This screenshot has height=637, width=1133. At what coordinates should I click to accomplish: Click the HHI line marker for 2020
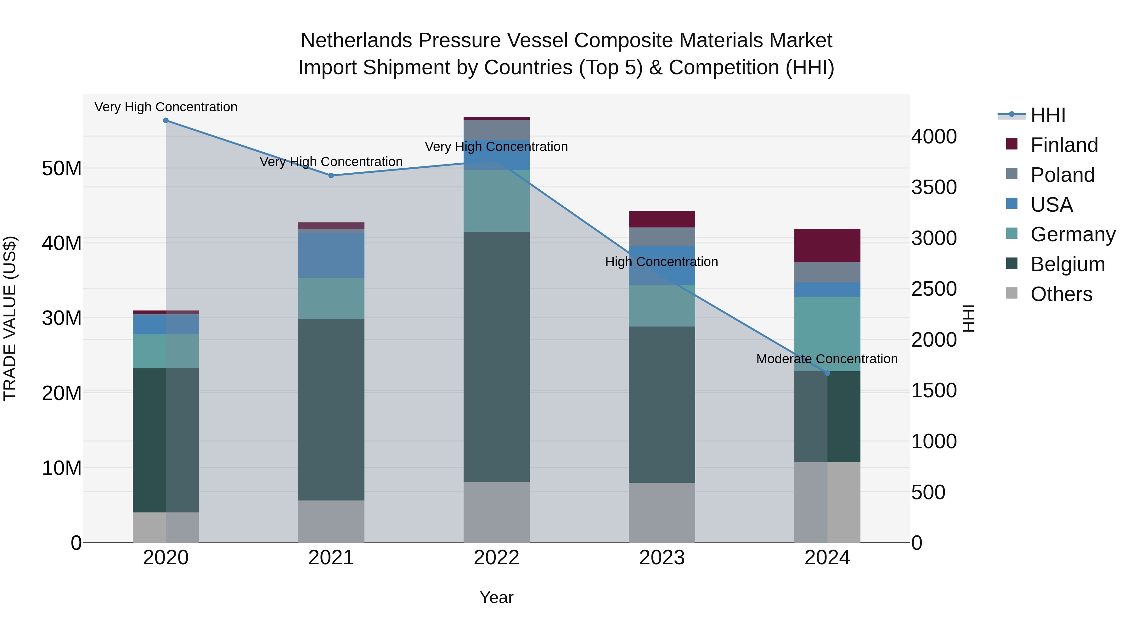pyautogui.click(x=166, y=120)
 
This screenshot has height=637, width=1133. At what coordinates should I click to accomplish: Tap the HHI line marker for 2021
pyautogui.click(x=331, y=176)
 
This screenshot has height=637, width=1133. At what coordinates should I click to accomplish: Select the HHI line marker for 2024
pyautogui.click(x=827, y=373)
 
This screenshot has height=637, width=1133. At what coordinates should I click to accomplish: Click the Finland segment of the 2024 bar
pyautogui.click(x=827, y=245)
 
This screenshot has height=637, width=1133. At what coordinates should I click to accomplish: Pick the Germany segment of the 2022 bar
pyautogui.click(x=497, y=201)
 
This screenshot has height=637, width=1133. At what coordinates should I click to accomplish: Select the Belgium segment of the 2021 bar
pyautogui.click(x=331, y=409)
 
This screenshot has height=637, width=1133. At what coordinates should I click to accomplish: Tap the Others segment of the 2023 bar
pyautogui.click(x=662, y=513)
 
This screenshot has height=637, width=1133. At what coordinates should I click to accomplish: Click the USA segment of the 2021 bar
pyautogui.click(x=331, y=255)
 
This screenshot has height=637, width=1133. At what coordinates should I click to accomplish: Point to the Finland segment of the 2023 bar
pyautogui.click(x=662, y=219)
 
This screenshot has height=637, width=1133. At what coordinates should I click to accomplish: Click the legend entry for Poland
pyautogui.click(x=1062, y=175)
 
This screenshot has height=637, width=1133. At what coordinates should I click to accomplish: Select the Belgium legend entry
pyautogui.click(x=1067, y=264)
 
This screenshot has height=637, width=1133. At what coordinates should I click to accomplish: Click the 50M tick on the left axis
pyautogui.click(x=62, y=168)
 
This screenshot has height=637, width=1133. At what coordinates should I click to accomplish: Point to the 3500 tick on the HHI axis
pyautogui.click(x=934, y=187)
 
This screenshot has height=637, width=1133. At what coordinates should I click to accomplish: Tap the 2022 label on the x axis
pyautogui.click(x=497, y=558)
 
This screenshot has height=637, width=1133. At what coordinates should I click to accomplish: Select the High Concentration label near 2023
pyautogui.click(x=662, y=262)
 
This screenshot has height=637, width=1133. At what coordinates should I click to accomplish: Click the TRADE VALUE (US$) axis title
pyautogui.click(x=10, y=318)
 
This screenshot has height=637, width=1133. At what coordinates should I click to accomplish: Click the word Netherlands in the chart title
pyautogui.click(x=356, y=41)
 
